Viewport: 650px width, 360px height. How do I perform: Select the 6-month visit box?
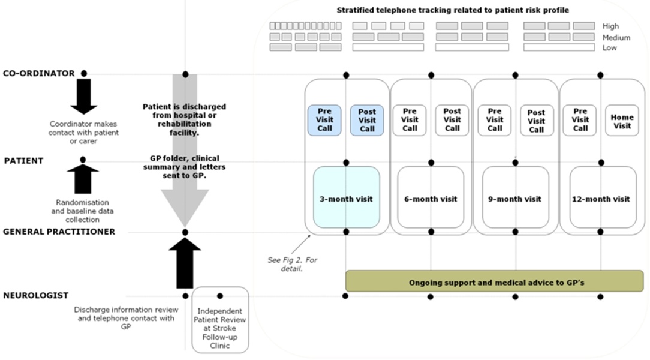point(431,198)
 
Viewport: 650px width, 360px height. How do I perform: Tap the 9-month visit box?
point(515,198)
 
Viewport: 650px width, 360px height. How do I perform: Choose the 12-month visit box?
point(602,198)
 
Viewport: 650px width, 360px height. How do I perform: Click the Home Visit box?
point(622,121)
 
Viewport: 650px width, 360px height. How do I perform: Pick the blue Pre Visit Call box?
point(324,120)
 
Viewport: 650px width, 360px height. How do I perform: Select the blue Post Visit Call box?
point(367,120)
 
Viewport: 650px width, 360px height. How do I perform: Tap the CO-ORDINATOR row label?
point(39,73)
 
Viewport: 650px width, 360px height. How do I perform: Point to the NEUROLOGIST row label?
point(36,295)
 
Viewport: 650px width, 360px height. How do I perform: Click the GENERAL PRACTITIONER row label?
point(59,232)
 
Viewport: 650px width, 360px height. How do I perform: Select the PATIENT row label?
point(23,160)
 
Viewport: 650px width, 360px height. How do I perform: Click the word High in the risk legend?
point(610,26)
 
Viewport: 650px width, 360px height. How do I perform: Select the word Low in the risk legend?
point(609,48)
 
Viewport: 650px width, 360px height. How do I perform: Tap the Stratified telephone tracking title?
point(452,10)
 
